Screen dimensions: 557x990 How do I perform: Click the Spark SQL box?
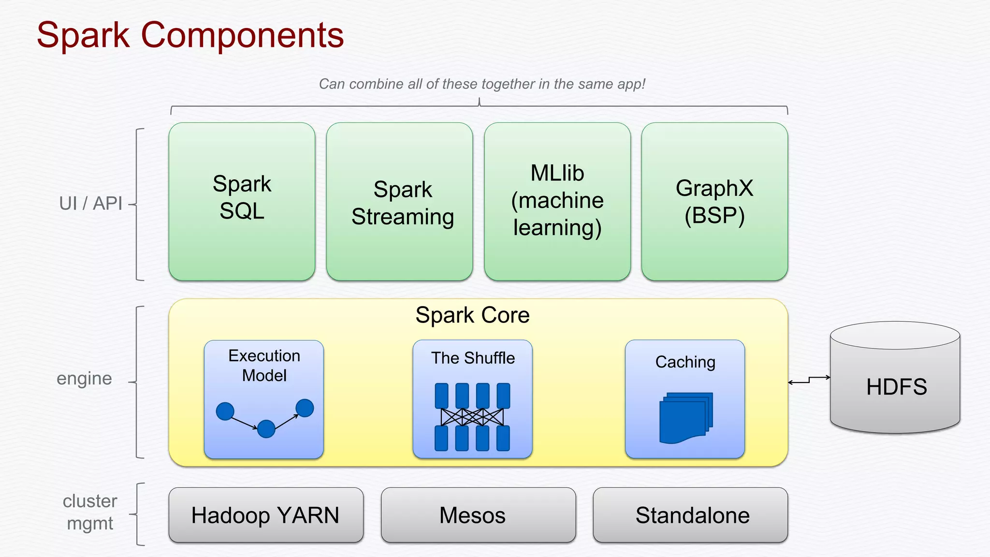click(242, 201)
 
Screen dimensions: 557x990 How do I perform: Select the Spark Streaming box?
click(399, 201)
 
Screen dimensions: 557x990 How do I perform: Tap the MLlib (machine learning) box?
click(557, 201)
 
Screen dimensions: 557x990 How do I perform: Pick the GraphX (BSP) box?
click(714, 201)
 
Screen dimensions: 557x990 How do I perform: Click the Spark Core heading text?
click(472, 315)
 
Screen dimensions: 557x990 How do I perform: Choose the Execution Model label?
click(264, 366)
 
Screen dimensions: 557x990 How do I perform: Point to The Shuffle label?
click(473, 358)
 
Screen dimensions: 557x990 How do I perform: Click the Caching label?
click(685, 362)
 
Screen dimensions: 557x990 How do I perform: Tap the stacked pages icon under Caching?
click(685, 418)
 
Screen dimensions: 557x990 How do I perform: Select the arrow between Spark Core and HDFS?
click(809, 380)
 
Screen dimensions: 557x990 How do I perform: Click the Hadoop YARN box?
click(265, 515)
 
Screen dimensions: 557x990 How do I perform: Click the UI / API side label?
click(90, 204)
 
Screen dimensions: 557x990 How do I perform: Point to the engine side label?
click(84, 379)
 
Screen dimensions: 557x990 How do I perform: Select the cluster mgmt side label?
click(90, 513)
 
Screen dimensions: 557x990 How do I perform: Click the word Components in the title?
click(242, 35)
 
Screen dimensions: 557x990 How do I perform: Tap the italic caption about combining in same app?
click(482, 84)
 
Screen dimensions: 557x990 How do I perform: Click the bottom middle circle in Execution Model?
click(266, 428)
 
